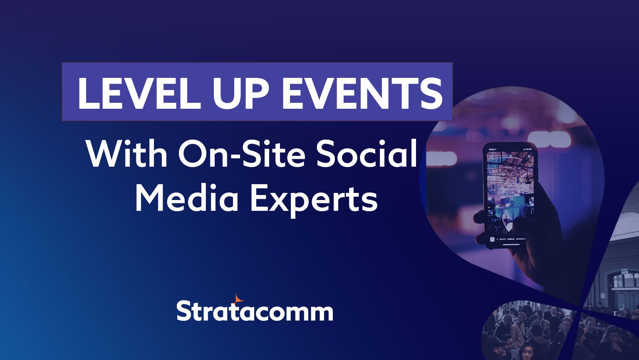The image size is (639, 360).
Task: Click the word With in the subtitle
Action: (x=127, y=154)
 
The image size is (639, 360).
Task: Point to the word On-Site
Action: (x=242, y=154)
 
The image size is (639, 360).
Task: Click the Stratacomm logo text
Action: (x=255, y=310)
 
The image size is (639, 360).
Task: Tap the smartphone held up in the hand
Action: (x=510, y=196)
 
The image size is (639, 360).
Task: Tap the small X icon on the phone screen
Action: (x=530, y=156)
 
